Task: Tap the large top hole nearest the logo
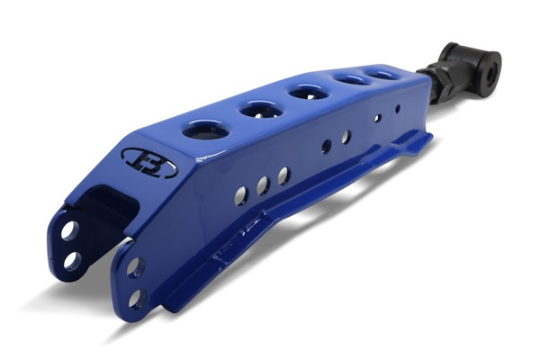coord(205,130)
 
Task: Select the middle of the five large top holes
coord(308,92)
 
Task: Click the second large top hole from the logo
coord(261,109)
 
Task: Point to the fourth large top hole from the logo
coord(349,80)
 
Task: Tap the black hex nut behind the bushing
coord(440,86)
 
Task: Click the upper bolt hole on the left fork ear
coord(68,230)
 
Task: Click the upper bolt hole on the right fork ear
coord(134,266)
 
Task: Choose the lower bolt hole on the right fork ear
coord(137,297)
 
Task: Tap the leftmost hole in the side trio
coord(241,194)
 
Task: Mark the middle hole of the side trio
coord(263,185)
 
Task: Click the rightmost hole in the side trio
coord(283,175)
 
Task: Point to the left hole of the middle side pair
coord(326,146)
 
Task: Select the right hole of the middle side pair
coord(346,137)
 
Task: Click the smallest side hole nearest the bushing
coord(398,108)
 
